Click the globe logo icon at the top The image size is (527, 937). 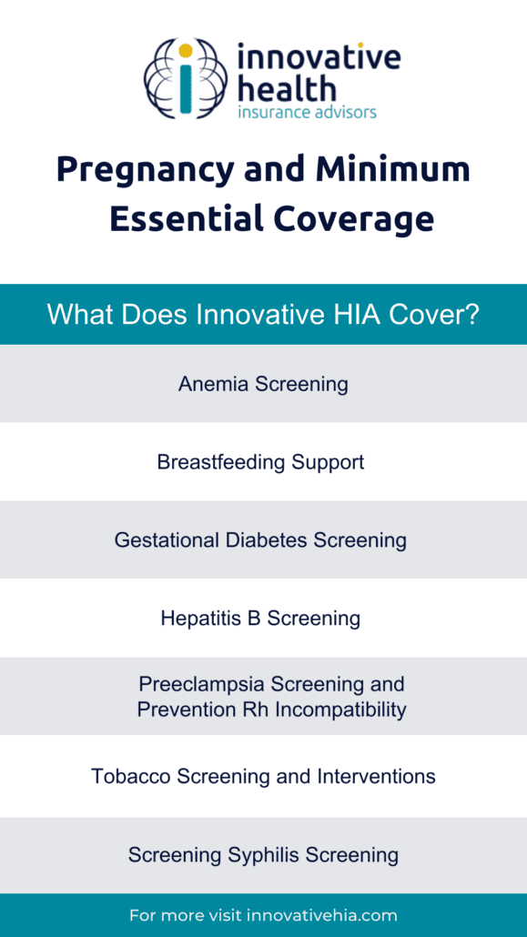(186, 77)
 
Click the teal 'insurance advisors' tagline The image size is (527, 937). (307, 112)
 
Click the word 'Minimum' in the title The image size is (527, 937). (393, 169)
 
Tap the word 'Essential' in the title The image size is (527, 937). (186, 218)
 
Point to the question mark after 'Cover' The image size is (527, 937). (471, 315)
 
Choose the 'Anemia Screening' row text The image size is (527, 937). (263, 384)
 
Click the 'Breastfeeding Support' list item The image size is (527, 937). (261, 462)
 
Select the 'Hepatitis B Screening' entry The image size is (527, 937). (260, 619)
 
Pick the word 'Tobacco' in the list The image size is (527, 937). (131, 776)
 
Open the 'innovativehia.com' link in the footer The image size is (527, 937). (322, 915)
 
